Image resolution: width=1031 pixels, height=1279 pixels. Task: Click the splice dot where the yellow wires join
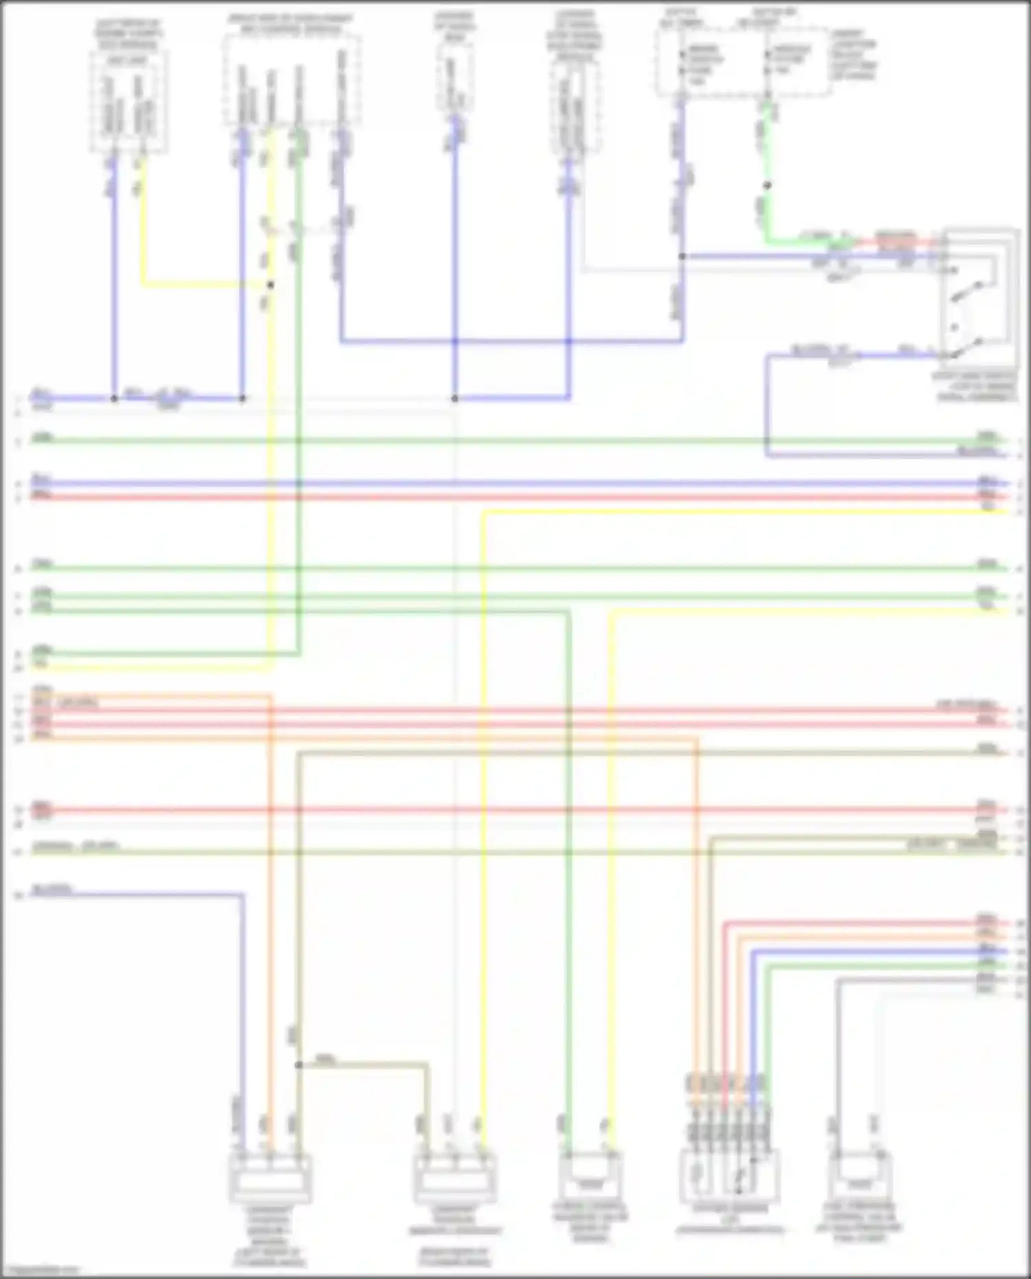point(271,285)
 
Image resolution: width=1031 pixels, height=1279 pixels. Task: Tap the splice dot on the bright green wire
point(768,186)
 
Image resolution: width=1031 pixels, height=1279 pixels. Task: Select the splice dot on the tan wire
point(298,1065)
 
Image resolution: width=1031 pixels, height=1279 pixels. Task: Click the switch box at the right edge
point(980,298)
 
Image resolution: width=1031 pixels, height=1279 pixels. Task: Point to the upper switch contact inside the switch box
point(973,291)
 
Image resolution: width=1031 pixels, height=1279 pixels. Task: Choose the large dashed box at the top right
point(742,62)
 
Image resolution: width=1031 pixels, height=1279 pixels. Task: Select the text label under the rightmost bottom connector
point(859,1223)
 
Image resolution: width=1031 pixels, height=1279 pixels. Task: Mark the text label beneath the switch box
point(977,387)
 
